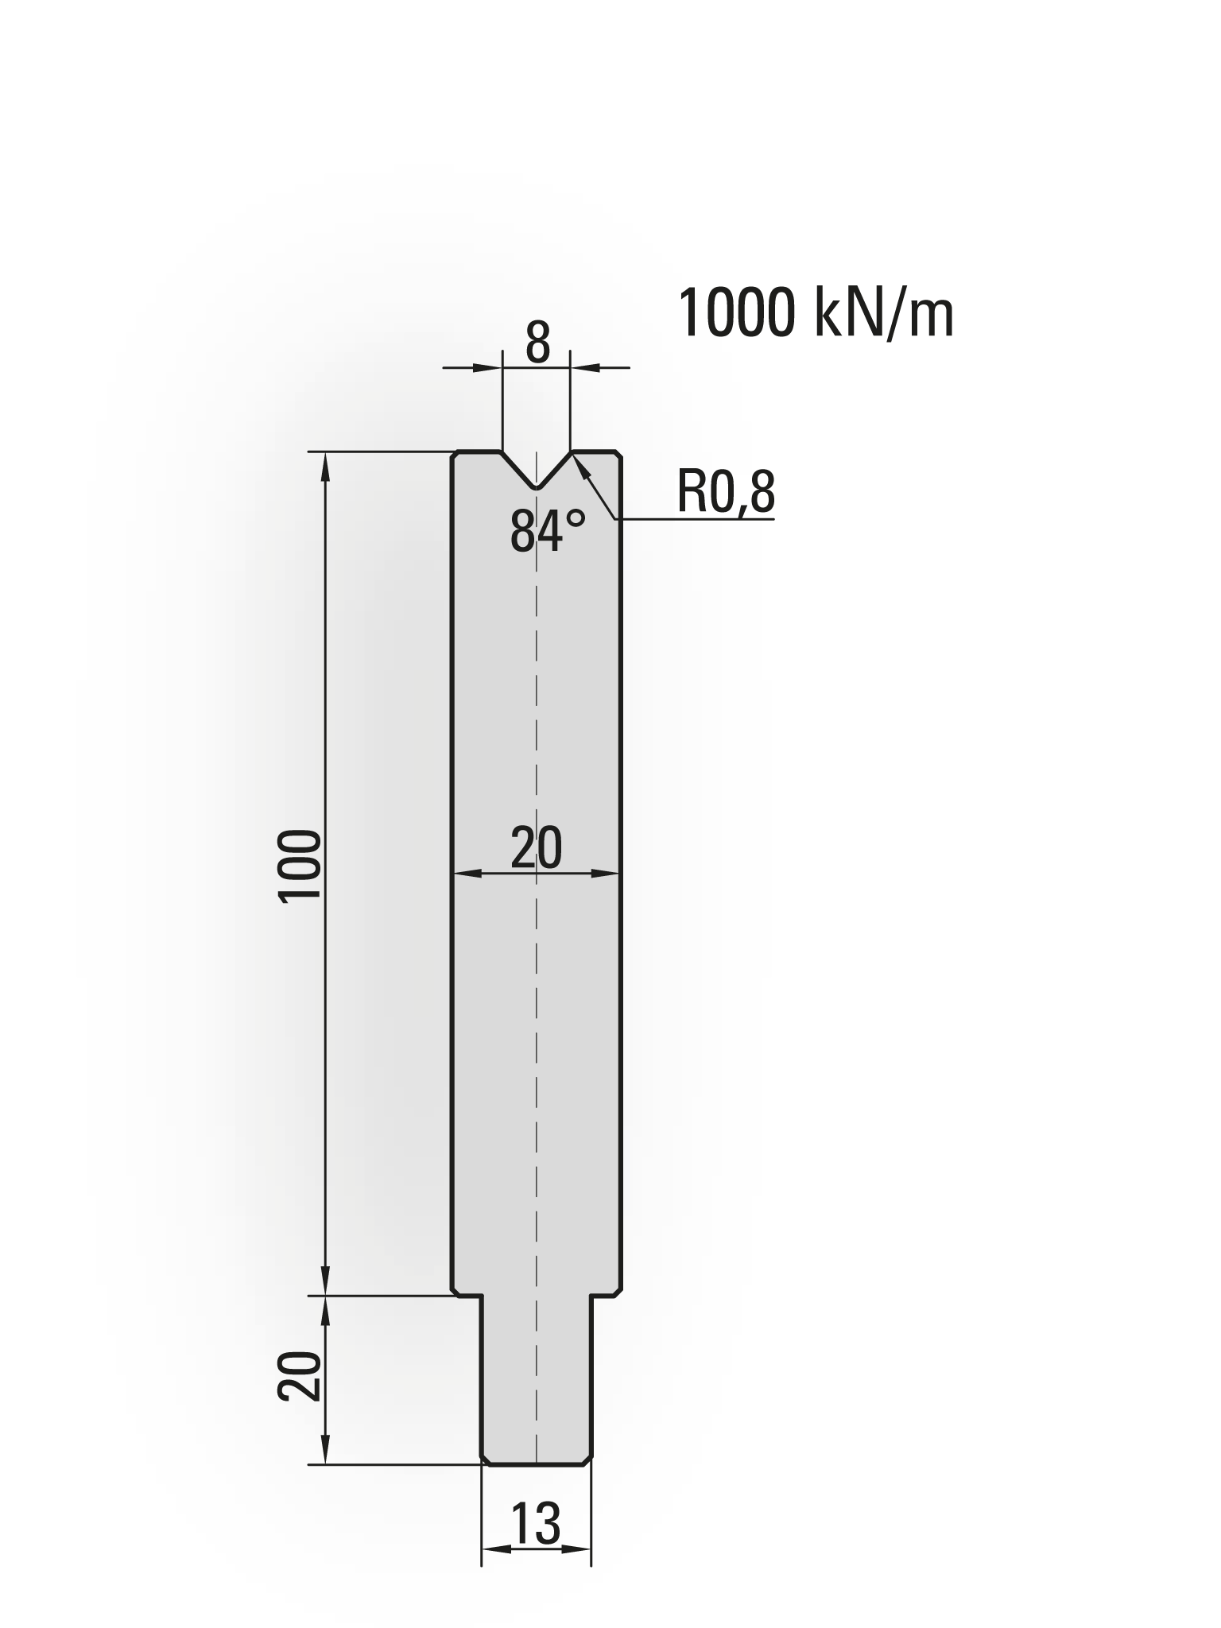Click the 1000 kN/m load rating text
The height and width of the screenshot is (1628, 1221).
pyautogui.click(x=816, y=314)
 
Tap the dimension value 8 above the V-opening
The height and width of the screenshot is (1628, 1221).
pyautogui.click(x=537, y=343)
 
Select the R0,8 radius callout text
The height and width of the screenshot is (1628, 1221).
pyautogui.click(x=726, y=492)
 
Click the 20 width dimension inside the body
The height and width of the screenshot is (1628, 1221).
pyautogui.click(x=536, y=847)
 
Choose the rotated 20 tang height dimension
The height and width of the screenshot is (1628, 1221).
pyautogui.click(x=300, y=1376)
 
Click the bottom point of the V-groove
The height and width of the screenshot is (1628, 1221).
pyautogui.click(x=537, y=486)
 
